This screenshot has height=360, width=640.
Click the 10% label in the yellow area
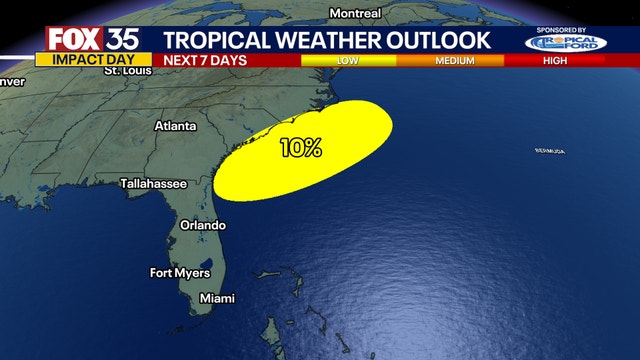point(301,148)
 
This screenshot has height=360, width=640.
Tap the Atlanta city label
point(176,126)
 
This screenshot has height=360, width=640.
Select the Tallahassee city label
point(154,184)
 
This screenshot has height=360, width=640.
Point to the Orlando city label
point(203,225)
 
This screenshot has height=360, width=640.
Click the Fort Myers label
point(180,272)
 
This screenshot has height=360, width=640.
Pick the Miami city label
point(217,298)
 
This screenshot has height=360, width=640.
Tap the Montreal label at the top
point(355,13)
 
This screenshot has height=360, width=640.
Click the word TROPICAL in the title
point(213,39)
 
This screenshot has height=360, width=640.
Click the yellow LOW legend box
point(347,60)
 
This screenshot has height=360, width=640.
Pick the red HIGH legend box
point(554,60)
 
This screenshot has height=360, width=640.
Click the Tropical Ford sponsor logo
point(566,43)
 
